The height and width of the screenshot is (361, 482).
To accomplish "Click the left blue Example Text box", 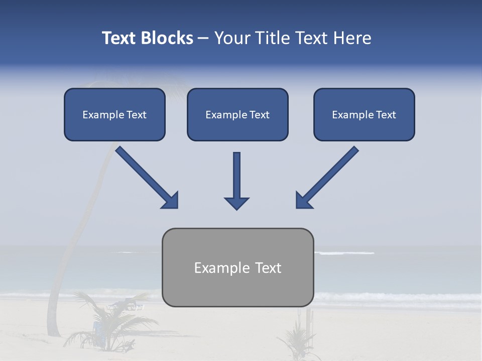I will (114, 114).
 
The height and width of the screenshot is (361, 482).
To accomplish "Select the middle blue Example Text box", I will (237, 114).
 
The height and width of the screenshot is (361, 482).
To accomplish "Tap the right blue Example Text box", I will (364, 114).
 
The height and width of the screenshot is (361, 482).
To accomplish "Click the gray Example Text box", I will (237, 267).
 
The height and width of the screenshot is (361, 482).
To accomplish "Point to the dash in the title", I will (203, 38).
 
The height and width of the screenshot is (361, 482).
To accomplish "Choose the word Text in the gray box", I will (268, 268).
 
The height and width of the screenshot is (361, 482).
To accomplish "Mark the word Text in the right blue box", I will (385, 115).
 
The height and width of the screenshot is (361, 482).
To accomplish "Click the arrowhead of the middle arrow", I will (236, 203).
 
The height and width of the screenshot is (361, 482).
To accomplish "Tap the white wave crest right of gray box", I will (346, 253).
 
